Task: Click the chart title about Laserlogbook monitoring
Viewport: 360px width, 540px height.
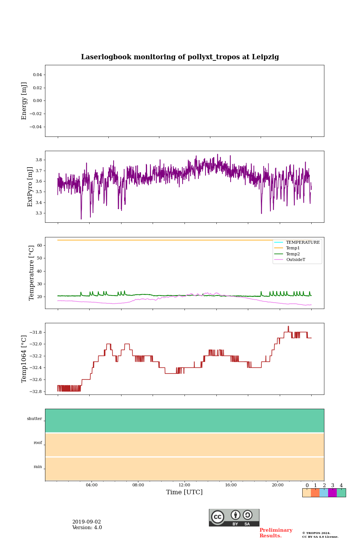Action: tap(180, 57)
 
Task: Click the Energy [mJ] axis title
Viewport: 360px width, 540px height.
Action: tap(24, 101)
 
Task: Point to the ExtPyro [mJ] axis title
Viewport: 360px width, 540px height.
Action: tap(30, 187)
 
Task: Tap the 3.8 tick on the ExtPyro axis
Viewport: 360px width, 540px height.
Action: tap(39, 160)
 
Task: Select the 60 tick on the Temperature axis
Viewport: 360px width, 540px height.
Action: tap(39, 245)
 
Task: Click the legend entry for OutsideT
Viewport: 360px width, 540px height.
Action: tap(295, 260)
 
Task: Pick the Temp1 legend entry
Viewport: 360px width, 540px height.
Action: tap(293, 248)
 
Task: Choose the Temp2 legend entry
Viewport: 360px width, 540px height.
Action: tap(293, 254)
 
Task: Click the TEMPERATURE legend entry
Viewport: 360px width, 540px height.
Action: tap(303, 243)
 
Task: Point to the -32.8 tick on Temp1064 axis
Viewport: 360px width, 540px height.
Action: tap(34, 391)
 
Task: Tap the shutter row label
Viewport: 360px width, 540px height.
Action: tap(34, 419)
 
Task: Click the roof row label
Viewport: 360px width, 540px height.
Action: tap(38, 443)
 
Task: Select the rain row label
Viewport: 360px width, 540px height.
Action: tap(38, 467)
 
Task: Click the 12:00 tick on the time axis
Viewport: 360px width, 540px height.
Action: tap(184, 485)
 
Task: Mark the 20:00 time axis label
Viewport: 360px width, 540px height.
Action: tap(277, 485)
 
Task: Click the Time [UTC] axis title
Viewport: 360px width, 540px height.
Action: tap(184, 492)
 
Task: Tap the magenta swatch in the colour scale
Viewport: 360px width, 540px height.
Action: tap(332, 493)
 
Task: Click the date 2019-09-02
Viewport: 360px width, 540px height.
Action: tap(87, 522)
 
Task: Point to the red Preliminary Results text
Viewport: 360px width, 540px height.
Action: tap(276, 533)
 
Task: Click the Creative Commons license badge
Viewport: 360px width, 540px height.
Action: tap(234, 517)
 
